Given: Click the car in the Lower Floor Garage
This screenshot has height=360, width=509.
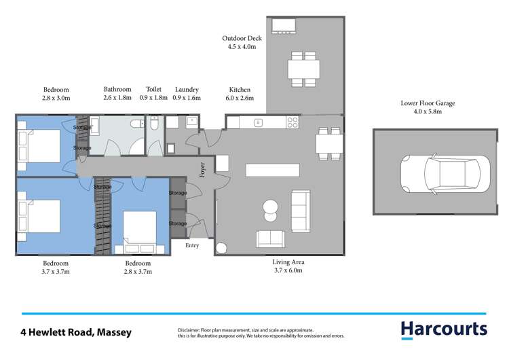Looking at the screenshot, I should pos(445,173).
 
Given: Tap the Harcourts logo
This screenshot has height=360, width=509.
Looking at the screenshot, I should pos(444,329).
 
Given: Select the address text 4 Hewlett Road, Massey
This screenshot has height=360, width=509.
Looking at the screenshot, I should pos(76,333).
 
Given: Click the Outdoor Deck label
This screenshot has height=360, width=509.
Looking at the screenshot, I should pos(240,42).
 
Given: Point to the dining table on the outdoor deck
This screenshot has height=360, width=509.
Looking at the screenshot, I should pos(303,69).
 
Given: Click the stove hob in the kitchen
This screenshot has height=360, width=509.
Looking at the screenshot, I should pos(293,123).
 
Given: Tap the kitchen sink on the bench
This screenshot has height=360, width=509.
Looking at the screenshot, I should pos(259,123).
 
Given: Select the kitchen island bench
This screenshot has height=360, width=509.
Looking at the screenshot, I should pos(273,169).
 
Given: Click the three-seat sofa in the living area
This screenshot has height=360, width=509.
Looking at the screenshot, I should pos(299,211).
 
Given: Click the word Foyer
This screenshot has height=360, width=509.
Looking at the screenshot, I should pos(202,169).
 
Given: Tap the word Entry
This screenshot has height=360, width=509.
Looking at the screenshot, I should pos(192,245).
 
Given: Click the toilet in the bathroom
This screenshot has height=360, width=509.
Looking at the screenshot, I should pos(138,123).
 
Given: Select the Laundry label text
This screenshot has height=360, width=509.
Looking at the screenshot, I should pos(187,90).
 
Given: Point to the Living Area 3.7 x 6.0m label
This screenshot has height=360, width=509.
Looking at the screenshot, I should pos(288,266).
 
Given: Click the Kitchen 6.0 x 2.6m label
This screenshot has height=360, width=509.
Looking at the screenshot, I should pos(240,94).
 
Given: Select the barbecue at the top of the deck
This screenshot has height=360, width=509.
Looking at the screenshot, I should pos(282,26).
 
